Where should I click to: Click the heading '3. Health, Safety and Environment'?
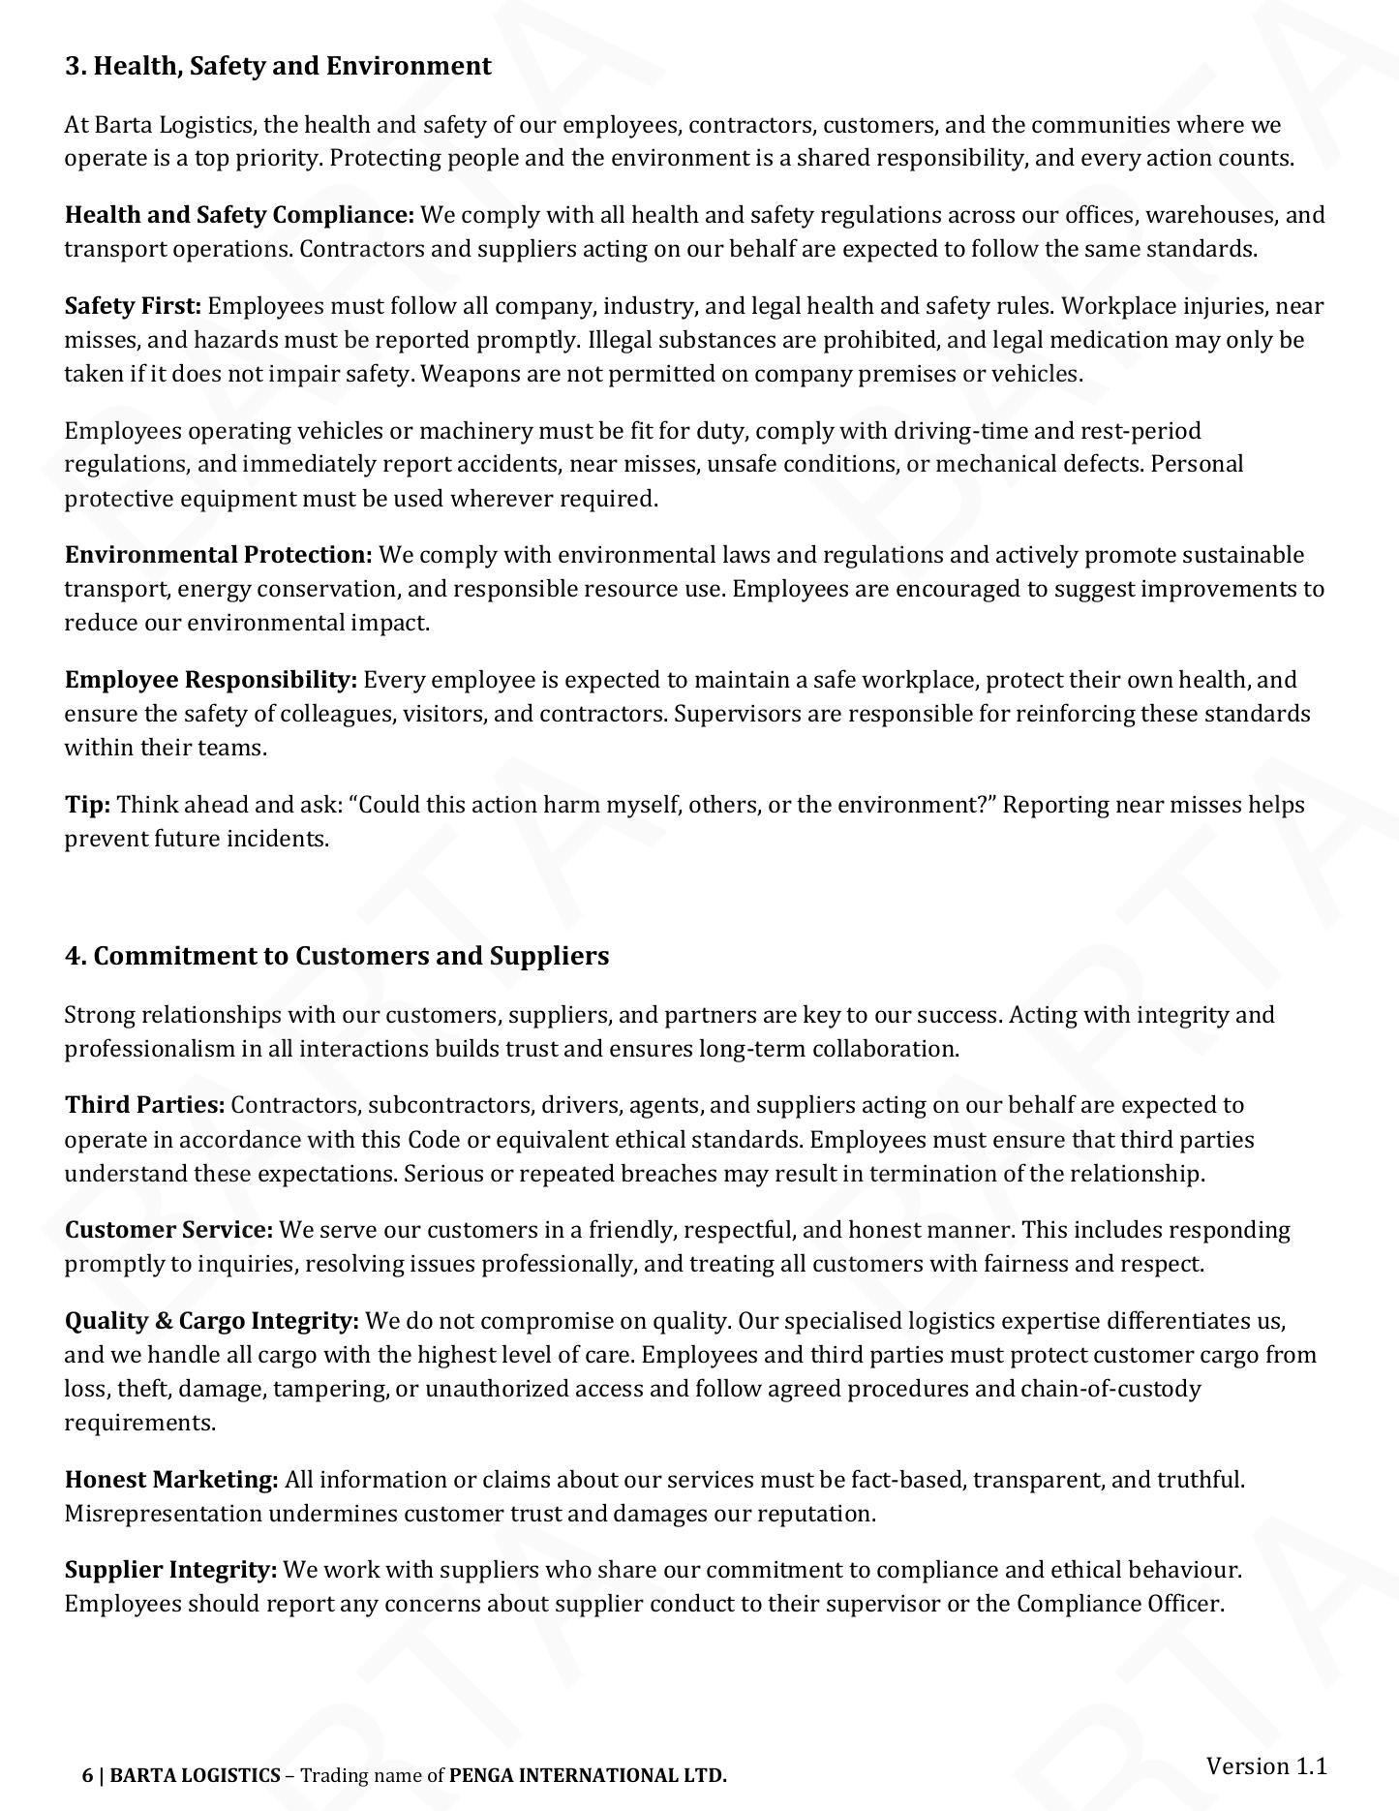click(x=278, y=66)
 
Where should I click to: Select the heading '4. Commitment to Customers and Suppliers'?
click(x=337, y=956)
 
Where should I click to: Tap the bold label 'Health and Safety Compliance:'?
click(x=239, y=215)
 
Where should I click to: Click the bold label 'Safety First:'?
click(x=133, y=306)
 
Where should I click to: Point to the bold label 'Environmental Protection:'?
click(x=218, y=555)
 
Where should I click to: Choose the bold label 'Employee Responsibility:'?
click(x=211, y=680)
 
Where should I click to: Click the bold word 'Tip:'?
click(x=87, y=805)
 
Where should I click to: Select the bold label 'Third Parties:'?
click(x=144, y=1105)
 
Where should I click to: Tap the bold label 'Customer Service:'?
click(x=169, y=1230)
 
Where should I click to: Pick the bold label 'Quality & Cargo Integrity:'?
click(x=211, y=1321)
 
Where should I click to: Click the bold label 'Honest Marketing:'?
click(x=171, y=1480)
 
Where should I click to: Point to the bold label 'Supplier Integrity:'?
click(x=170, y=1570)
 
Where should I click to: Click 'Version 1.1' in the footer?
click(x=1265, y=1765)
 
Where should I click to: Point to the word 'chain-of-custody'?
click(x=1110, y=1389)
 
